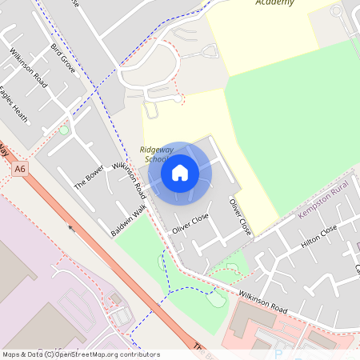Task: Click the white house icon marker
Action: (180, 172)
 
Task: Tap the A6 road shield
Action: (20, 169)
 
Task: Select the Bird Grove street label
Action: (63, 59)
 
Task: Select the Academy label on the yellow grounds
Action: (274, 2)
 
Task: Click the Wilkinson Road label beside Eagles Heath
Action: (30, 70)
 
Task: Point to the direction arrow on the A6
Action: (70, 227)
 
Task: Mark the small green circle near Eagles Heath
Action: (64, 130)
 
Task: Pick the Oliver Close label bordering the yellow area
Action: (240, 216)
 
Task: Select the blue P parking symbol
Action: (278, 353)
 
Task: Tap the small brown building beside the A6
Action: (116, 298)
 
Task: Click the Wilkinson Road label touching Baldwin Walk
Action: (130, 180)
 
